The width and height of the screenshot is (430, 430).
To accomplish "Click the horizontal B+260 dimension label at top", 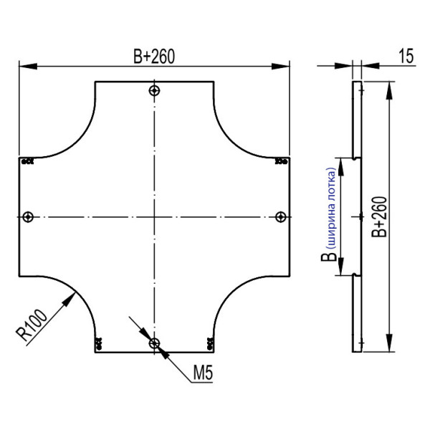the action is tap(154, 57).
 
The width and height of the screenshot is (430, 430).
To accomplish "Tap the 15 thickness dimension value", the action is tap(406, 56).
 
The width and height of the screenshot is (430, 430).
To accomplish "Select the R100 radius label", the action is tap(32, 325).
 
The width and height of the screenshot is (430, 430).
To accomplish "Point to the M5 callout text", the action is tap(203, 373).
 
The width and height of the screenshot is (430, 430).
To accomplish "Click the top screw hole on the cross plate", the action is tap(154, 90).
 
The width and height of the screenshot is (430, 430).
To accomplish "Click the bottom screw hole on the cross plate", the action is tap(154, 343).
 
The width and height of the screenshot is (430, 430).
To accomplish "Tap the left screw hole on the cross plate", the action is tap(28, 217).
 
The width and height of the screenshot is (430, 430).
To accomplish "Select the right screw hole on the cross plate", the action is tap(280, 217).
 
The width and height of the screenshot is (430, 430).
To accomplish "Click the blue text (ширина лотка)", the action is tap(332, 208).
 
